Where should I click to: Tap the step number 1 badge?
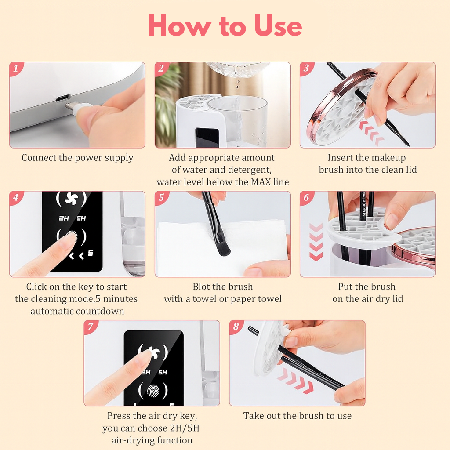[15, 68]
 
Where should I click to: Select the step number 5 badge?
[161, 197]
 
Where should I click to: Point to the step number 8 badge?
[236, 327]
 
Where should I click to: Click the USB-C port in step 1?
[63, 98]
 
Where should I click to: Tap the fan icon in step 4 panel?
[71, 198]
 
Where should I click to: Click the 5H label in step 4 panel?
[81, 218]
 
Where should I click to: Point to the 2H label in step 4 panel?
[64, 218]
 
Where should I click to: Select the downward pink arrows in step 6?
[316, 242]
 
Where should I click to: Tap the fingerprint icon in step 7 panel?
[153, 391]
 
